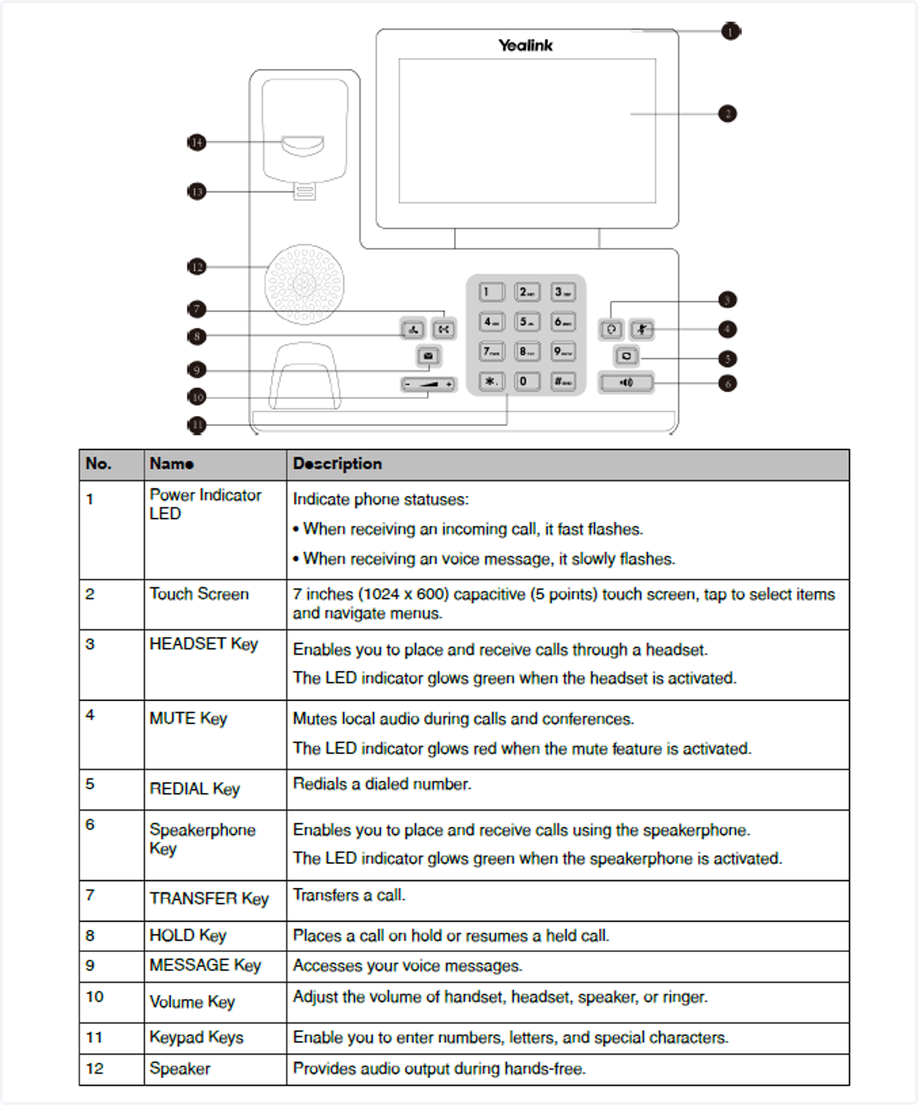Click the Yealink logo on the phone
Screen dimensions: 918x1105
pyautogui.click(x=526, y=46)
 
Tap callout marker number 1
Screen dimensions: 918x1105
pyautogui.click(x=731, y=32)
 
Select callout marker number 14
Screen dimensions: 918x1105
pyautogui.click(x=197, y=142)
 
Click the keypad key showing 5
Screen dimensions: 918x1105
pyautogui.click(x=527, y=322)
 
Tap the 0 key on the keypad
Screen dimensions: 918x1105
pyautogui.click(x=527, y=381)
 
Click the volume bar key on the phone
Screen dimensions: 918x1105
pyautogui.click(x=428, y=384)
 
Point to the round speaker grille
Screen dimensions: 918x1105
pyautogui.click(x=304, y=284)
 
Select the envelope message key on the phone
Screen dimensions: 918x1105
pyautogui.click(x=428, y=356)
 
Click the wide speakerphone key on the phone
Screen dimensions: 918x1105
pyautogui.click(x=626, y=382)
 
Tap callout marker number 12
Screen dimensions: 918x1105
pyautogui.click(x=197, y=267)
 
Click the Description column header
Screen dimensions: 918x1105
pyautogui.click(x=337, y=464)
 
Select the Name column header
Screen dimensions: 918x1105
pyautogui.click(x=171, y=464)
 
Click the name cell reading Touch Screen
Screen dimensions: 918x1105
pyautogui.click(x=199, y=594)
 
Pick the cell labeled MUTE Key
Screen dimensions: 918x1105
pyautogui.click(x=188, y=719)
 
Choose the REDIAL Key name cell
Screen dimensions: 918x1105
pyautogui.click(x=195, y=789)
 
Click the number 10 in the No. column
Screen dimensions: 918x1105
pyautogui.click(x=95, y=997)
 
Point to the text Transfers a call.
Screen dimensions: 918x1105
pyautogui.click(x=350, y=895)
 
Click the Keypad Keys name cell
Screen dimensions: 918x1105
pyautogui.click(x=197, y=1038)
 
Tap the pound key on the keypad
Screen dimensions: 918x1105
pyautogui.click(x=563, y=381)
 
